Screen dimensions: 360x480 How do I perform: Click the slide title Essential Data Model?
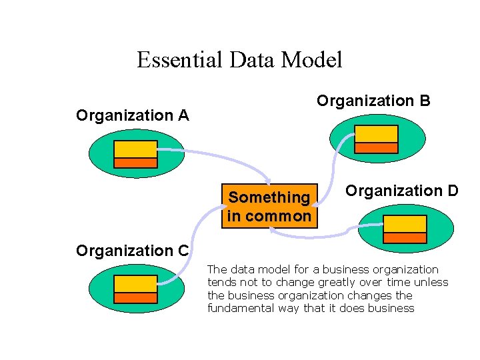pos(239,60)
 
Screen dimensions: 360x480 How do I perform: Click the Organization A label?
pos(133,115)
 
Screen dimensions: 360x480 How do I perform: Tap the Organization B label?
pos(373,101)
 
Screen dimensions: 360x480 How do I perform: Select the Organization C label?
pos(133,251)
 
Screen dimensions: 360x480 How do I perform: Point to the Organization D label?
pos(401,191)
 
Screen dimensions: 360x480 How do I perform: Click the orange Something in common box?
pos(269,207)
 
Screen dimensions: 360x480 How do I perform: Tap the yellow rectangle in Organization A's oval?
pos(135,149)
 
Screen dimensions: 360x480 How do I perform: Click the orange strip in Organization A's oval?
pos(135,163)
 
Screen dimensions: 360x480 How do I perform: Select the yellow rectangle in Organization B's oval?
pos(376,134)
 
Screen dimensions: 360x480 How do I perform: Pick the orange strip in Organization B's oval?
pos(376,148)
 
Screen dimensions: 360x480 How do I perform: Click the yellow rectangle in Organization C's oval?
pos(135,284)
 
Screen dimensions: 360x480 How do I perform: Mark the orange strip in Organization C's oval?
pos(135,298)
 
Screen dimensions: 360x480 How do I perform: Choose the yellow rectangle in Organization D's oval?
pos(405,224)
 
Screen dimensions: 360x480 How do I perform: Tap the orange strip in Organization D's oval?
pos(405,237)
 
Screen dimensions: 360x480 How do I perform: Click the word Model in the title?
pos(312,60)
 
